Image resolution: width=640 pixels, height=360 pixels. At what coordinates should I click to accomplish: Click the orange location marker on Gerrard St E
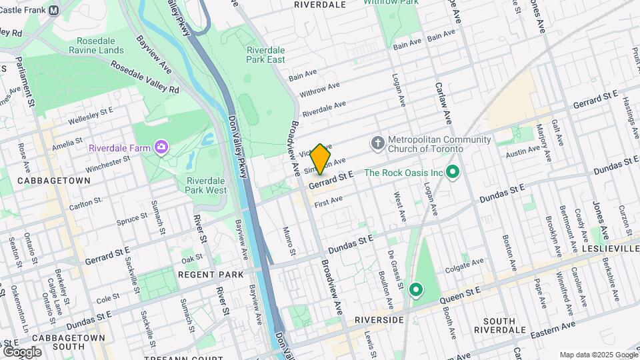[x=320, y=159]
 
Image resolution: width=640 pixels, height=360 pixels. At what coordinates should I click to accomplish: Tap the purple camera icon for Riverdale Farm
[x=161, y=146]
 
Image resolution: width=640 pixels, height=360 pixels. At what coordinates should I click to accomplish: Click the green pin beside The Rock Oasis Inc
[x=454, y=173]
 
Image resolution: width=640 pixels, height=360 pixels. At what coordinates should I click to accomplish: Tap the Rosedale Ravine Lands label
[x=100, y=45]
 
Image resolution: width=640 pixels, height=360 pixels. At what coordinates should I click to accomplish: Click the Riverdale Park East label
[x=265, y=55]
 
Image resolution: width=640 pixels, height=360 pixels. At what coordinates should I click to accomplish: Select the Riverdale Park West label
[x=207, y=185]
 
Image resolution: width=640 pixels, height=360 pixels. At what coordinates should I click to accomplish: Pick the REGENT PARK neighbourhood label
[x=210, y=275]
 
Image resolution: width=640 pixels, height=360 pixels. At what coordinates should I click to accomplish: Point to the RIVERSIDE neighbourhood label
[x=379, y=320]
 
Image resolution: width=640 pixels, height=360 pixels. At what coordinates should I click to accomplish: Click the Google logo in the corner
[x=22, y=351]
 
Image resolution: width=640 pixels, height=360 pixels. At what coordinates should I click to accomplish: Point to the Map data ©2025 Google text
[x=597, y=355]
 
